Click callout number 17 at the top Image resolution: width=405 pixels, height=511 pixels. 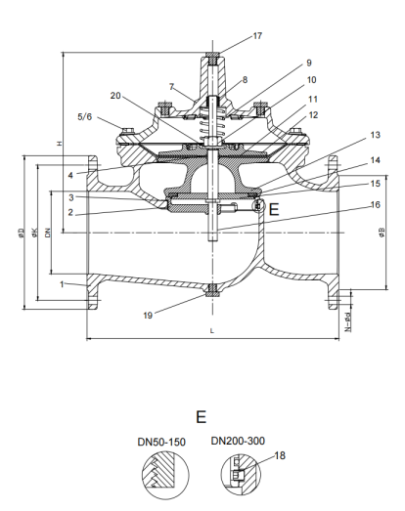257,36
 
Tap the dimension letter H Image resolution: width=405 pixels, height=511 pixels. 61,144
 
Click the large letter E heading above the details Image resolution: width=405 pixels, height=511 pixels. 201,417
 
